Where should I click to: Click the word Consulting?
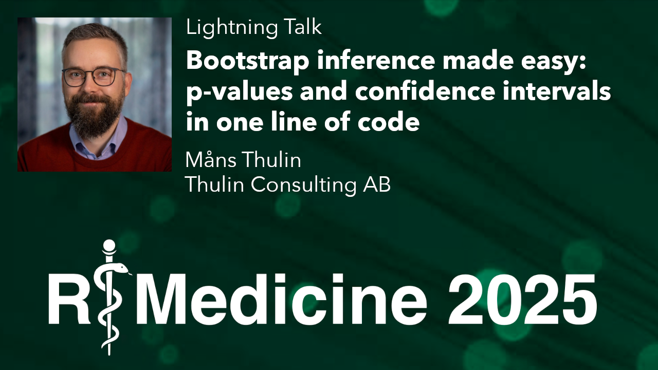point(303,186)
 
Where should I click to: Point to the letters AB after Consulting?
point(377,184)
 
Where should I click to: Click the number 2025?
point(522,300)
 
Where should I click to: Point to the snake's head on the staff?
point(122,268)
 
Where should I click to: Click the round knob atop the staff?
point(109,246)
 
